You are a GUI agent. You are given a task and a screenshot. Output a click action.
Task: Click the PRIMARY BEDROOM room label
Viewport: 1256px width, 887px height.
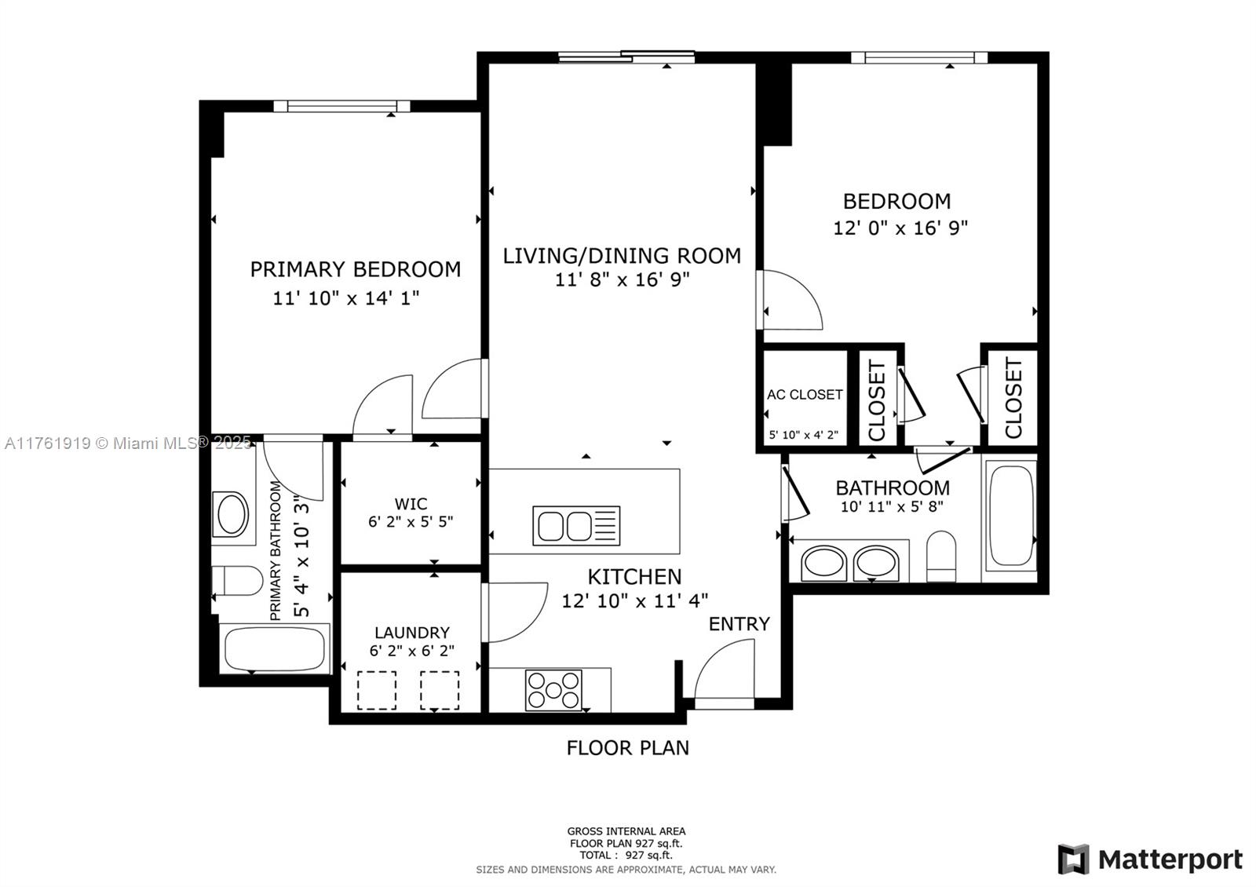tap(356, 270)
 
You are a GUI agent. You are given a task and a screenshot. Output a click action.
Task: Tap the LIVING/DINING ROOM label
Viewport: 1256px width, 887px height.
tap(622, 256)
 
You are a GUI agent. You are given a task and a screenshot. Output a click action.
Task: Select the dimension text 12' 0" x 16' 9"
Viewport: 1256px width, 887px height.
tap(900, 228)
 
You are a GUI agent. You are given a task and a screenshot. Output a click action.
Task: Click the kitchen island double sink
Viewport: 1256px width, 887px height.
tap(576, 526)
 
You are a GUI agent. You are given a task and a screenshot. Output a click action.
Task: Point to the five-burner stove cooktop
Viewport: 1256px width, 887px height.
tap(553, 690)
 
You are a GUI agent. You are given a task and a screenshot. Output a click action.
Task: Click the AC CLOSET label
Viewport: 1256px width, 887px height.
tap(805, 395)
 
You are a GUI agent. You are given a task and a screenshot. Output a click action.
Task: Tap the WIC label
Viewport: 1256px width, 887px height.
tap(411, 503)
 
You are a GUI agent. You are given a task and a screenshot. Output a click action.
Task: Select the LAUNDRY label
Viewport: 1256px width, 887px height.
tap(412, 633)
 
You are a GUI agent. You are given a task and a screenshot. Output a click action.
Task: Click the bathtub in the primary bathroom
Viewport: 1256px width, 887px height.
tap(275, 648)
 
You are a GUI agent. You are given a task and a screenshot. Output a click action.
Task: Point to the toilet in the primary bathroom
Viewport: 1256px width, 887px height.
tap(238, 580)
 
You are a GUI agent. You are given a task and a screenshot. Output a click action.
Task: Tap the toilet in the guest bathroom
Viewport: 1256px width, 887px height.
tap(941, 556)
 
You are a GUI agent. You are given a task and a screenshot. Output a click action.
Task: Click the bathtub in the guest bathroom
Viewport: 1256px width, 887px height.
tap(1010, 514)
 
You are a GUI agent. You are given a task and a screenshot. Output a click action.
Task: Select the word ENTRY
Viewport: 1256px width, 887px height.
tap(739, 624)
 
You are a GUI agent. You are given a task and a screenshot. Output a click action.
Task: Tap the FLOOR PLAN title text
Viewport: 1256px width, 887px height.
tap(627, 748)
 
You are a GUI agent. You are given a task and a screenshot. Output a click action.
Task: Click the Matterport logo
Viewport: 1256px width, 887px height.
tap(1150, 859)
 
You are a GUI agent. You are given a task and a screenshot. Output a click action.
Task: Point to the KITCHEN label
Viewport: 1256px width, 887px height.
tap(635, 577)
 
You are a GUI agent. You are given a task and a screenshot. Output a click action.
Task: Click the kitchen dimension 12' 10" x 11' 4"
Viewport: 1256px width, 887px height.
tap(635, 601)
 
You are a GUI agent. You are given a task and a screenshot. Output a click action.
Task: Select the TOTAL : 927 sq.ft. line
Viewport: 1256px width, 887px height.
tap(626, 855)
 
